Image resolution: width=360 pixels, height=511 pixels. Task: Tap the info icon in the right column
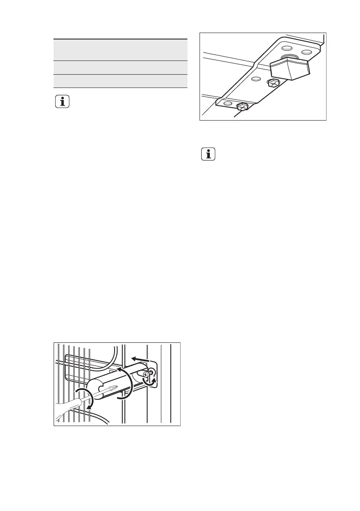tap(209, 155)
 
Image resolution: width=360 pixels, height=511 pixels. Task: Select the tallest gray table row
tap(121, 50)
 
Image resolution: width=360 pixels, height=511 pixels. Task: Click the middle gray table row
tap(121, 67)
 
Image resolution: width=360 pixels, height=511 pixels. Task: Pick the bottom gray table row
tap(121, 81)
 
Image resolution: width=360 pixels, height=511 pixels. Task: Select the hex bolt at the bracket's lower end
tap(242, 106)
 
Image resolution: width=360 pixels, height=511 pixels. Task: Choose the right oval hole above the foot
tap(306, 51)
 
